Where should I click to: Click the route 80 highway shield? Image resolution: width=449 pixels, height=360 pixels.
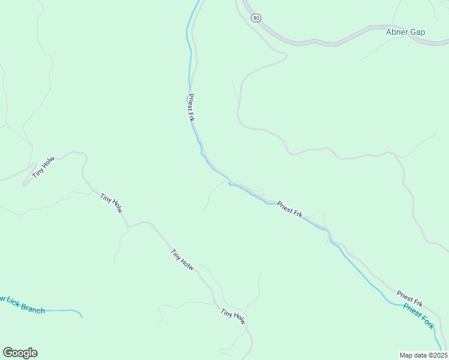257,18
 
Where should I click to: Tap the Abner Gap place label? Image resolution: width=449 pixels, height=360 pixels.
405,32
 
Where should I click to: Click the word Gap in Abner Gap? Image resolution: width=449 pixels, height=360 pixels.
417,32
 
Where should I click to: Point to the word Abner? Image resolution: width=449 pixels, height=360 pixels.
397,32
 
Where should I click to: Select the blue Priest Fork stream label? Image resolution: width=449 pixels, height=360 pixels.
418,316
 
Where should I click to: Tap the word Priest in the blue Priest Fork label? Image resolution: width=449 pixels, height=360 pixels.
412,310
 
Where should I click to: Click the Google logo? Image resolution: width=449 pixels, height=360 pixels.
20,353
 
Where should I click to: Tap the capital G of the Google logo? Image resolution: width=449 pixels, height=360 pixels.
7,352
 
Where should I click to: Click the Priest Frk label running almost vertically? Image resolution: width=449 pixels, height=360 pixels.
191,108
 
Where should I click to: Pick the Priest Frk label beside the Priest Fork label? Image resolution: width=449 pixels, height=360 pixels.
410,298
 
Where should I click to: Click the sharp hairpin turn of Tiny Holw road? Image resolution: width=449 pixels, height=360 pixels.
24,183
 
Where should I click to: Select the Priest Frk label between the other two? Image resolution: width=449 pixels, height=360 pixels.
290,210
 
